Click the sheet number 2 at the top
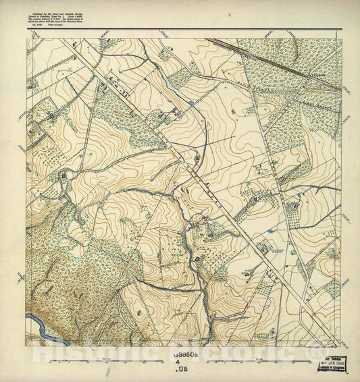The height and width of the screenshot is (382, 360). click(230, 14)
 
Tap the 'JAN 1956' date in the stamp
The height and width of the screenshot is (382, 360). click(336, 362)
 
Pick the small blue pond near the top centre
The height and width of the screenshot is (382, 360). click(192, 103)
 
